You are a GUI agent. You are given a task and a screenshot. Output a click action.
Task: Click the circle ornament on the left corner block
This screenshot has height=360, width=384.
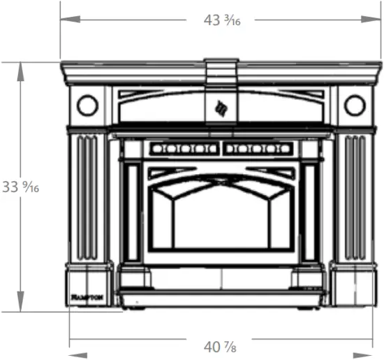pyautogui.click(x=87, y=106)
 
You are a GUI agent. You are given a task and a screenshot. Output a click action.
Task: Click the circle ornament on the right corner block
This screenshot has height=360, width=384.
pyautogui.click(x=354, y=106)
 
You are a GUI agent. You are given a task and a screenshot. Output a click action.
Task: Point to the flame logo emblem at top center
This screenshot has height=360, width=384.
pyautogui.click(x=221, y=108)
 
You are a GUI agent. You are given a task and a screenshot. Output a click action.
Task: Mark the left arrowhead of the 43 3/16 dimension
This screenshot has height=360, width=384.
pyautogui.click(x=64, y=20)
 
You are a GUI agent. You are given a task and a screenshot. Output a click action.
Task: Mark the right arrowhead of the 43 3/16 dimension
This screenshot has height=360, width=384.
pyautogui.click(x=381, y=20)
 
